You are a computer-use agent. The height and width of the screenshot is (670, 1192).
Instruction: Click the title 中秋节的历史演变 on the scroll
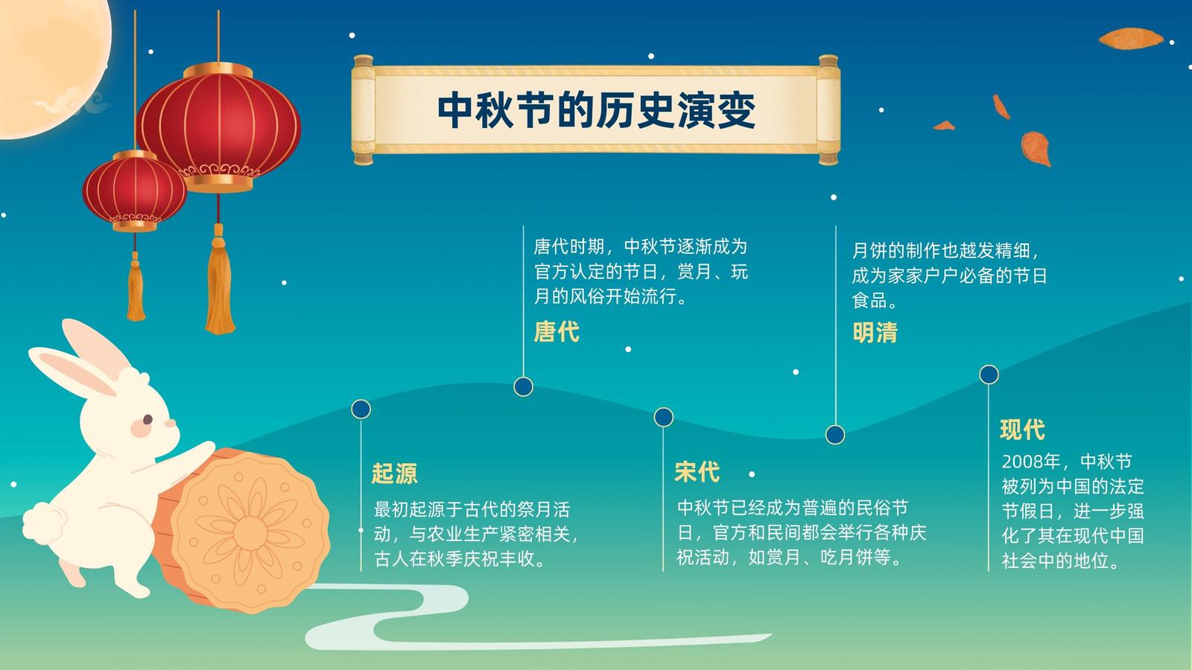596,110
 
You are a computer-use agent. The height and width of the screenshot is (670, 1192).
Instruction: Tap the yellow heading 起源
394,473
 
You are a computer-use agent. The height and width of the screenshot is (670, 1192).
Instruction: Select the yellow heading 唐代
557,332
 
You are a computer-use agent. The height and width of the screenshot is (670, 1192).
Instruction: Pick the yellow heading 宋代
697,472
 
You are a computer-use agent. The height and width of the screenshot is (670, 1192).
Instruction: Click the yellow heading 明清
875,333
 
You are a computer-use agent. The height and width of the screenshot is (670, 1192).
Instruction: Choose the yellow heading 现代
1023,430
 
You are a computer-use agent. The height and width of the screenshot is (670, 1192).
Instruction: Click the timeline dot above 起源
361,409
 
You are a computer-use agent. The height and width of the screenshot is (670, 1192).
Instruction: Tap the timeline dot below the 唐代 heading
523,386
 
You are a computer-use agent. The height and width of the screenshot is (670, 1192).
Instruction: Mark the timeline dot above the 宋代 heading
663,417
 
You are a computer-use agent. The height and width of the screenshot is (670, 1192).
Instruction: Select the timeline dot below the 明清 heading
835,435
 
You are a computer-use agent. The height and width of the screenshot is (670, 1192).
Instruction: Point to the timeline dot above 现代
989,374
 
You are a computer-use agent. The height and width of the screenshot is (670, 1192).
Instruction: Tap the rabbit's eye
148,420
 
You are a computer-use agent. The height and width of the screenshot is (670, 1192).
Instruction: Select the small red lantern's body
135,191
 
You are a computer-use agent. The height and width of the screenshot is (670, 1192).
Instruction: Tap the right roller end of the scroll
828,109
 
